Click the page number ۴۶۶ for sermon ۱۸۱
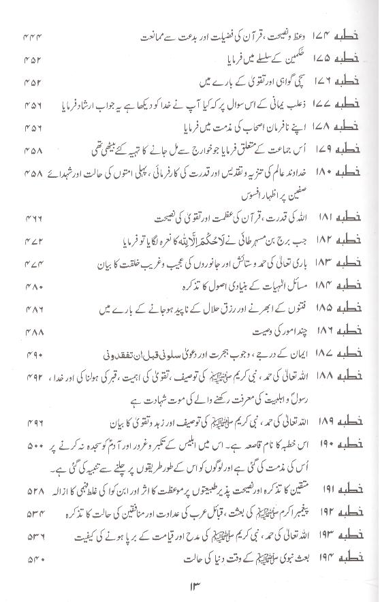tap(33, 221)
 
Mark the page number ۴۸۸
tap(33, 332)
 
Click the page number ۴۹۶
tap(33, 422)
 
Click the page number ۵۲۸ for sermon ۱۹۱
tap(33, 490)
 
